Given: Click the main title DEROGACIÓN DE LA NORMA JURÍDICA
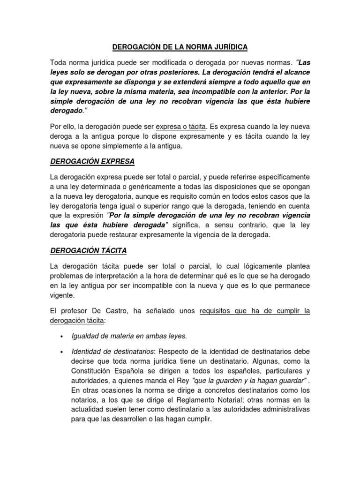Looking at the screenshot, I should [180, 47].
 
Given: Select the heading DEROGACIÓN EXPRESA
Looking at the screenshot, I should [92, 161].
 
